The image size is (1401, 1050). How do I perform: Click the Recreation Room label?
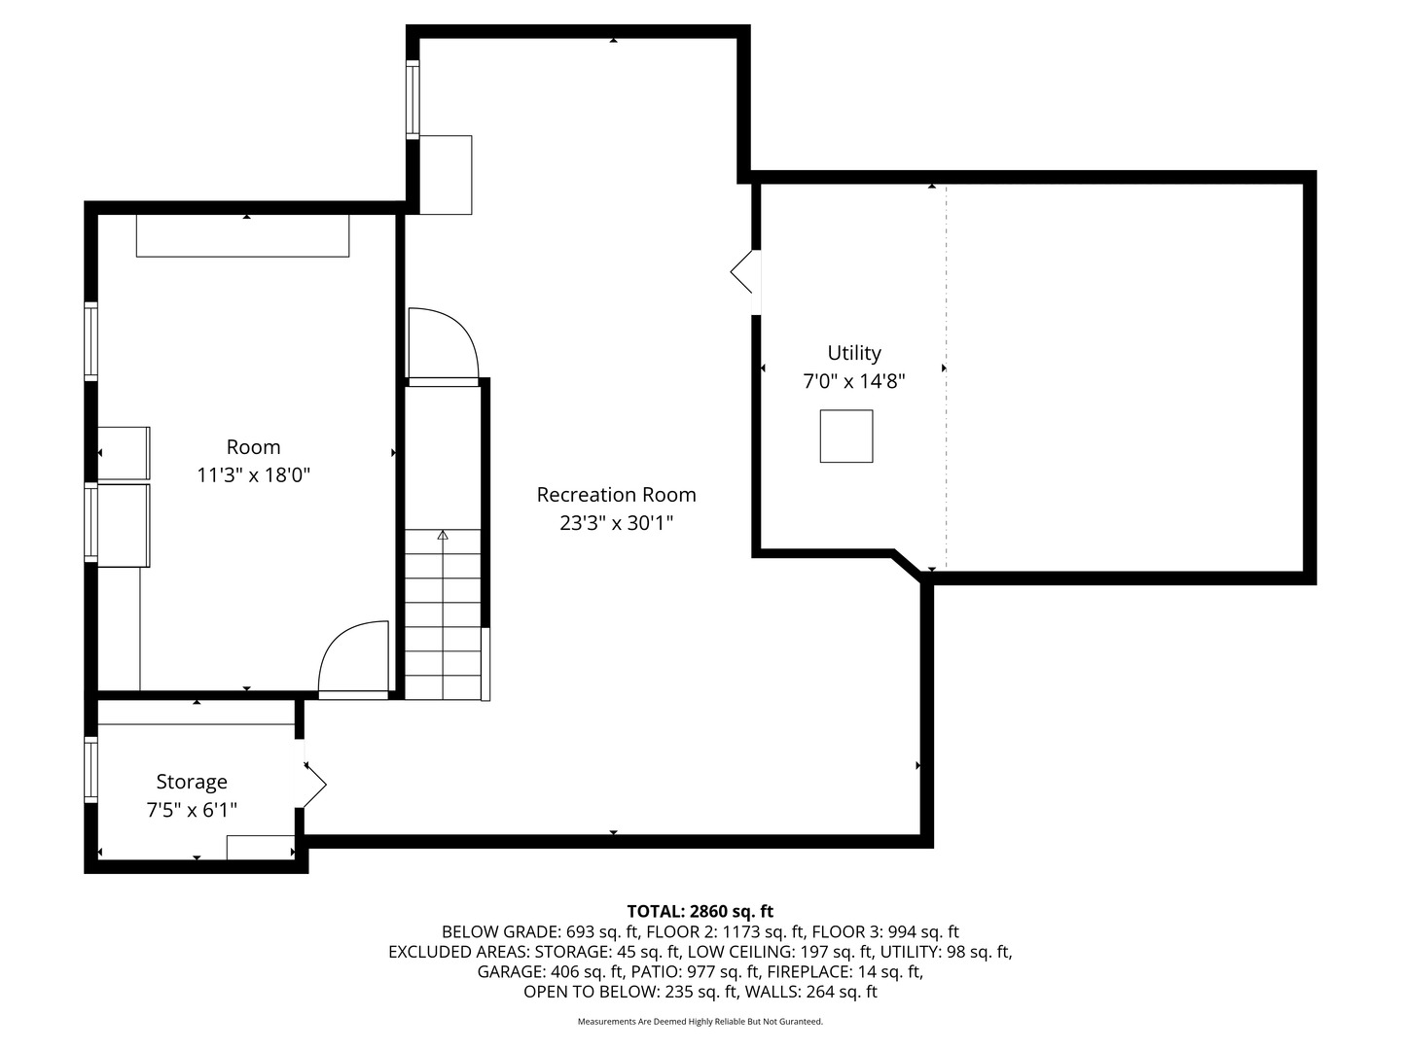tap(616, 495)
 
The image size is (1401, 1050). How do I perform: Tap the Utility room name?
tap(853, 353)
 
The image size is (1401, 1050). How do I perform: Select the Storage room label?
tap(192, 782)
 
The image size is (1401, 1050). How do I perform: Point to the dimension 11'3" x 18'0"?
tap(253, 475)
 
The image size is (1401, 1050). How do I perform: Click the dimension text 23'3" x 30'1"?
tap(616, 523)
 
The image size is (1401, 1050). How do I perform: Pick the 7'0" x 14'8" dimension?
tap(853, 381)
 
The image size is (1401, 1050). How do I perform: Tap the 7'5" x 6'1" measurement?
tap(192, 810)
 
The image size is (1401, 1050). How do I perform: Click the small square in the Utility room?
tap(845, 436)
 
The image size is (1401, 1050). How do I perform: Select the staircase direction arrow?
tap(443, 535)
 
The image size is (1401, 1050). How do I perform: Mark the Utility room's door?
tap(743, 272)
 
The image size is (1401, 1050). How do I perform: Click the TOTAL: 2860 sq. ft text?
tap(700, 911)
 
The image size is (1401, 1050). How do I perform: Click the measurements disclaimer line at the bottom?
tap(700, 1022)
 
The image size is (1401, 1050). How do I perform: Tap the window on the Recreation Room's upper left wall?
tap(413, 99)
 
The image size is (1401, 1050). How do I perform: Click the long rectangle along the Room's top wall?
tap(242, 236)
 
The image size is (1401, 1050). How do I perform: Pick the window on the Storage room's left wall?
tap(91, 769)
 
